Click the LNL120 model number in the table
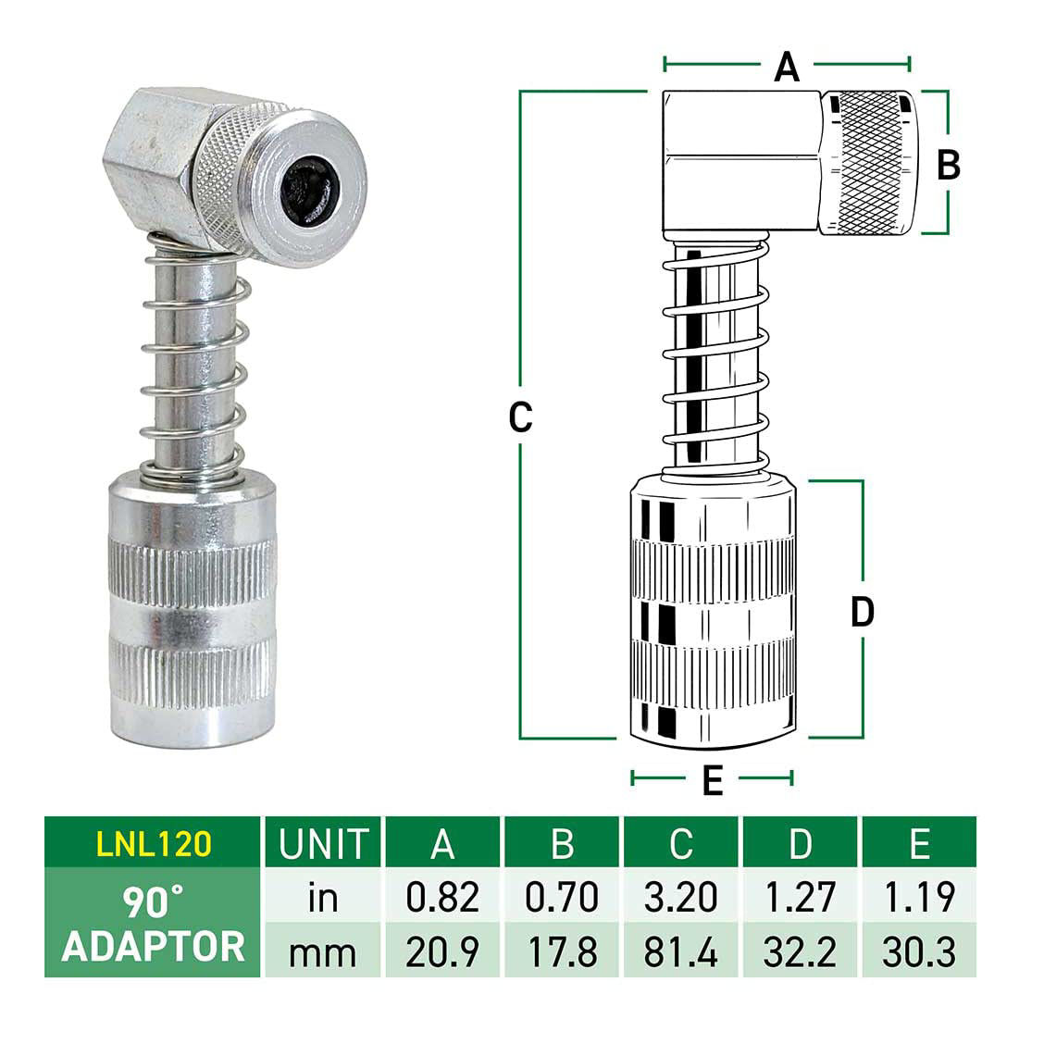[x=154, y=842]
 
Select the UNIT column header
[x=323, y=843]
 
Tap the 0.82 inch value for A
[x=443, y=897]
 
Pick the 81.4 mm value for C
[x=680, y=951]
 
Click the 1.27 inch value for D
[x=800, y=897]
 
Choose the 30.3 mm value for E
[x=918, y=951]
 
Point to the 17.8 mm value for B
[x=562, y=951]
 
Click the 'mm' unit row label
[x=323, y=951]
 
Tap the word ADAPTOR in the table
[x=154, y=947]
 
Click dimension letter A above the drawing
[x=786, y=67]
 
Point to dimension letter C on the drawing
[x=521, y=417]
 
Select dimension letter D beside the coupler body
[x=862, y=612]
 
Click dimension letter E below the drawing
[x=712, y=781]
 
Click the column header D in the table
[x=800, y=843]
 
